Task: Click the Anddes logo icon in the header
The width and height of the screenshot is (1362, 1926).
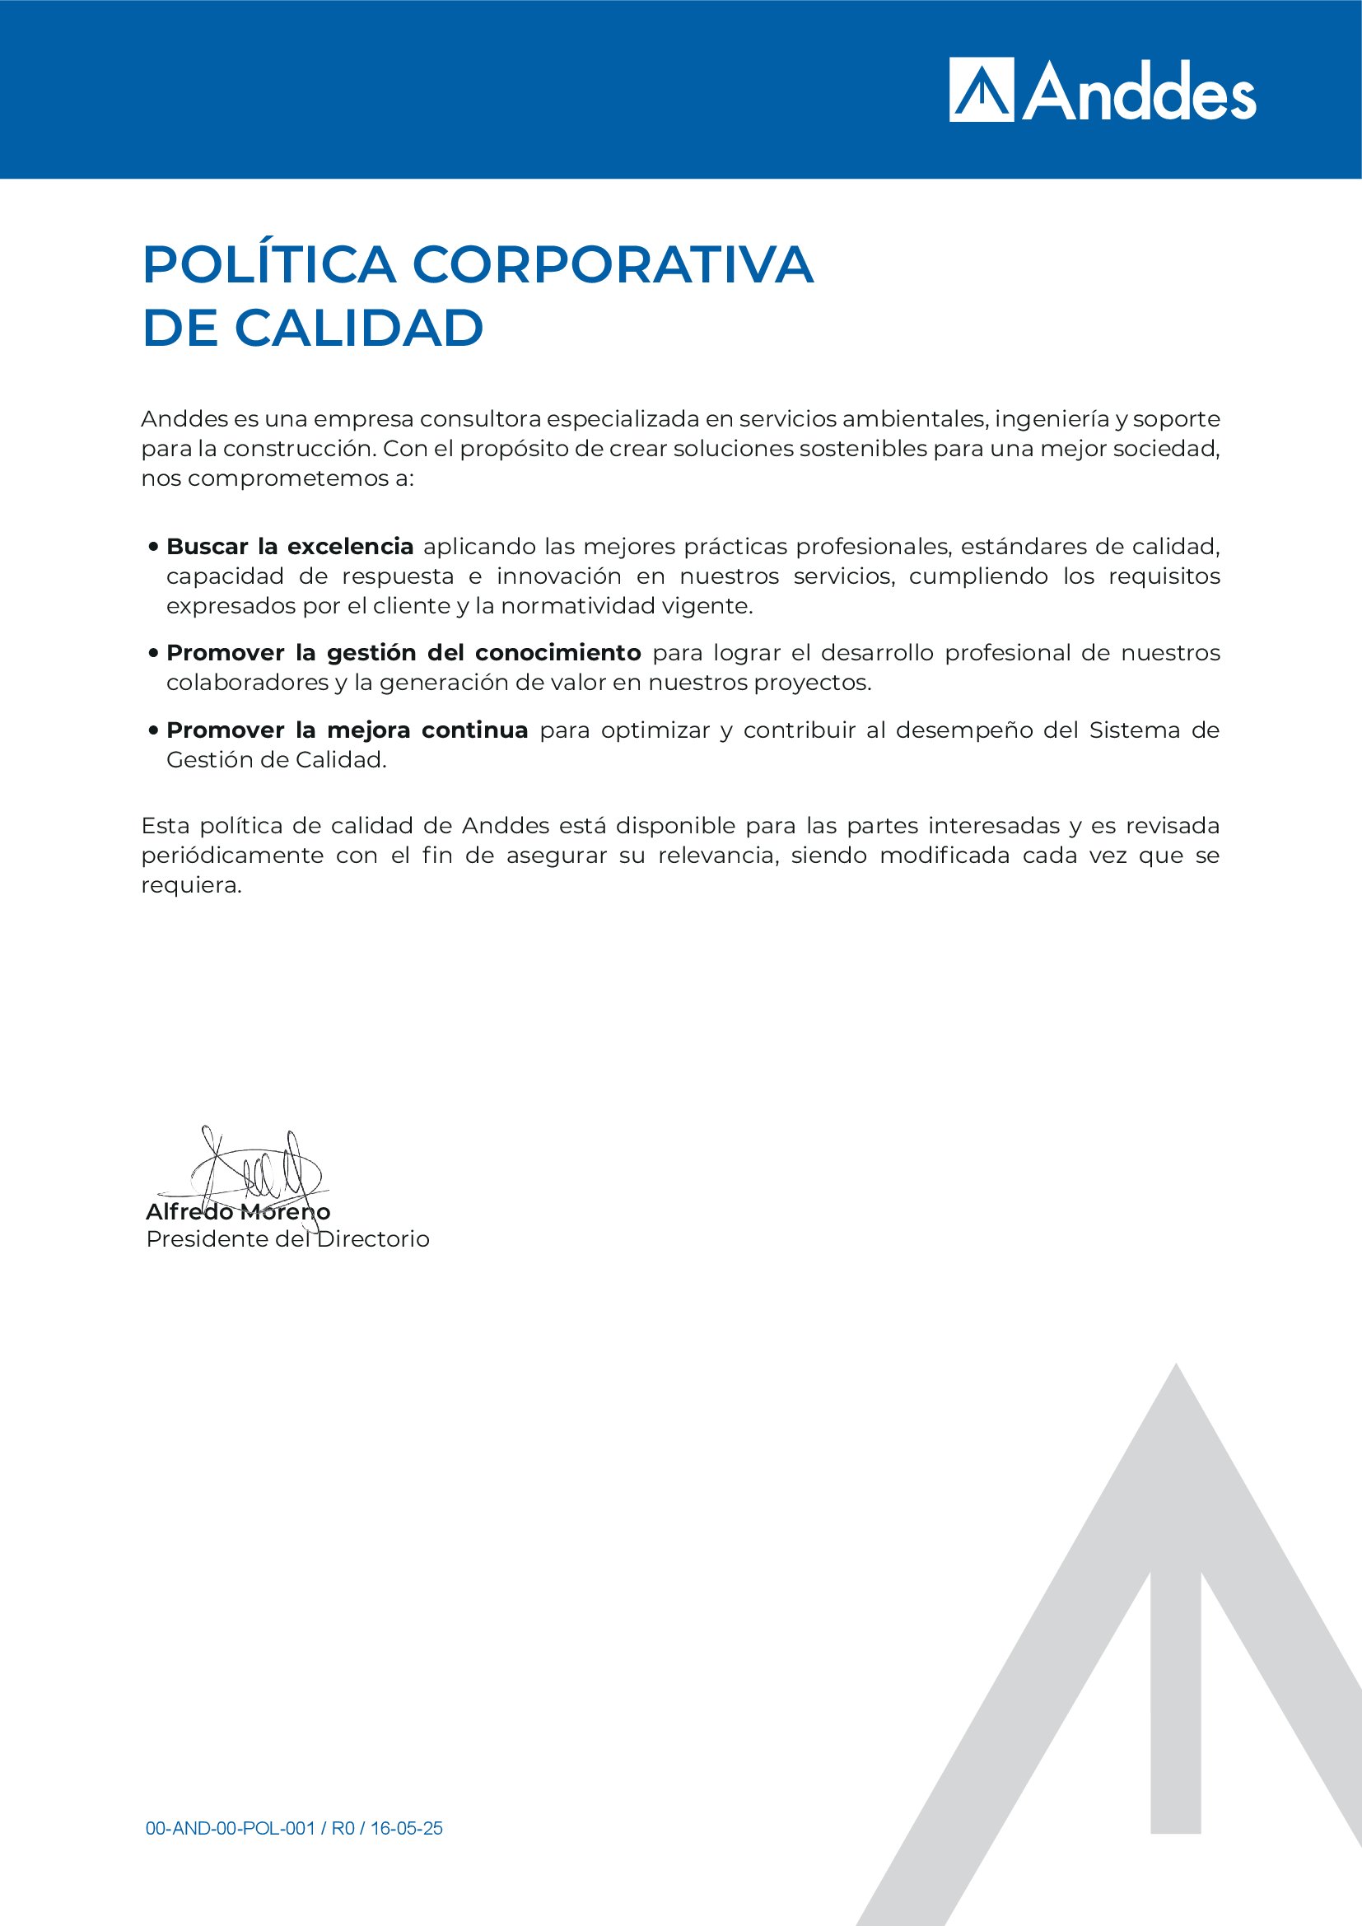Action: click(x=982, y=90)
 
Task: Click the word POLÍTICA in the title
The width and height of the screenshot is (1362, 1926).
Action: click(x=269, y=265)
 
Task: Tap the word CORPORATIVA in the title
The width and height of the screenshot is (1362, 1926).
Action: click(x=612, y=265)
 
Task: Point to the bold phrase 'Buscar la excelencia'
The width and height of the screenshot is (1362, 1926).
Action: click(x=289, y=547)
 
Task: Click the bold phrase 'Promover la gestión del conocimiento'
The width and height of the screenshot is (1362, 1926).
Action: click(x=403, y=653)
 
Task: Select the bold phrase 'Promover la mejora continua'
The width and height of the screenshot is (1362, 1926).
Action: click(x=347, y=730)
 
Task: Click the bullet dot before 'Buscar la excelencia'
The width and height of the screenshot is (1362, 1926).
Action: click(x=153, y=547)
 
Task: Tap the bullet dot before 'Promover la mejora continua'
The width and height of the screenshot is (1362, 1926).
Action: click(x=153, y=730)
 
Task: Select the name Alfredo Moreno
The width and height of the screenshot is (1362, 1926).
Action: click(x=238, y=1212)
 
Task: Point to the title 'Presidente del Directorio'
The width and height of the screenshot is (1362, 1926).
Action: click(x=287, y=1239)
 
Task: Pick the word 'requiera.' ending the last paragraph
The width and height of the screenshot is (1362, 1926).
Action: click(x=191, y=886)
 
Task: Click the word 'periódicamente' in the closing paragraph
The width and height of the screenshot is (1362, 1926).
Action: click(x=232, y=856)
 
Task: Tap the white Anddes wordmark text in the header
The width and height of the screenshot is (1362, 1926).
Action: click(x=1138, y=92)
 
